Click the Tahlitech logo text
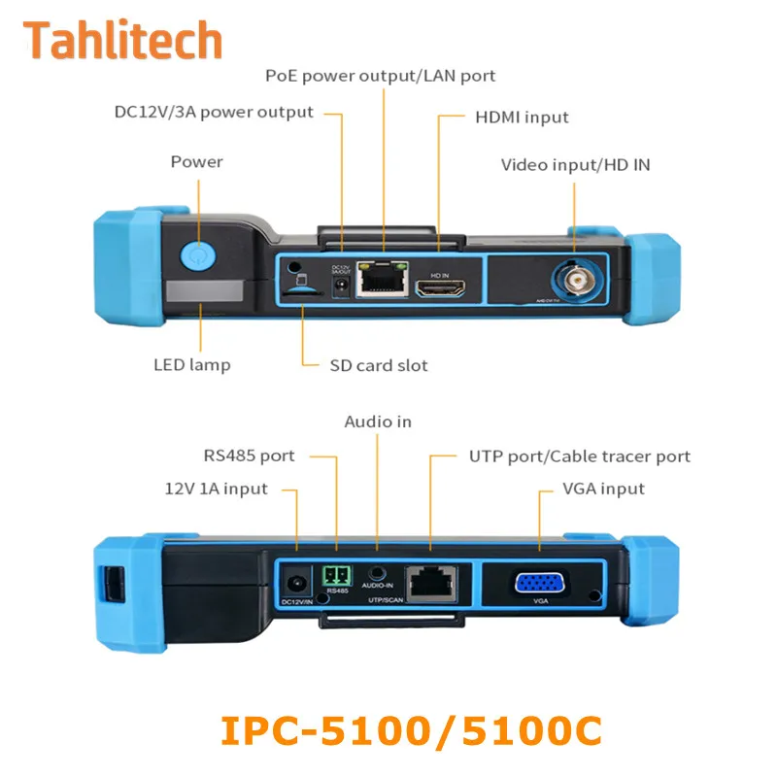coord(123,41)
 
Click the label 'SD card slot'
coord(379,366)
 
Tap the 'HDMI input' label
coord(522,118)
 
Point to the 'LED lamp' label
coord(191,366)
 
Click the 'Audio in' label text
coord(378,422)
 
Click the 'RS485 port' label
coord(249,455)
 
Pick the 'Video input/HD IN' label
coord(576,164)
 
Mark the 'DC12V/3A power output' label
coord(214,112)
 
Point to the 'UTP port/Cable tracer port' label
coord(580,456)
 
